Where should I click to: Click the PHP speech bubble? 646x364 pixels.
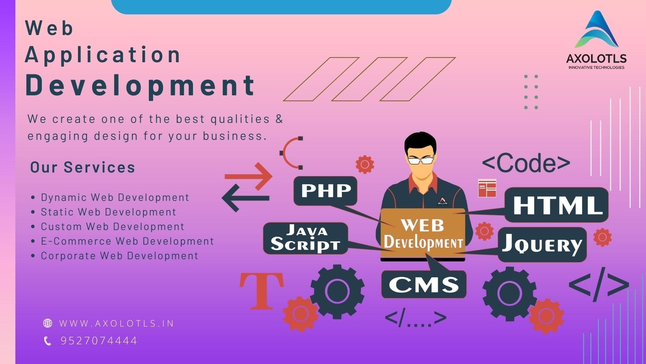pos(325,191)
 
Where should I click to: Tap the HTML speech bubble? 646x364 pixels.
pos(557,205)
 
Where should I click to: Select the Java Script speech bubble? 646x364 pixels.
pos(305,238)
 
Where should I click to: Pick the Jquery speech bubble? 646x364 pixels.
pos(542,245)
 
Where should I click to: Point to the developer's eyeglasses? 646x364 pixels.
pos(421,160)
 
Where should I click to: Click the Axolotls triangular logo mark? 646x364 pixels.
pos(596,31)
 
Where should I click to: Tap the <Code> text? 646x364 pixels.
pos(526,163)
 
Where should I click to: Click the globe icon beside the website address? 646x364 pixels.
pos(48,323)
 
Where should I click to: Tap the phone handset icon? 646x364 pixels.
pos(48,341)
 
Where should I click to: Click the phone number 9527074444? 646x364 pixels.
pos(99,341)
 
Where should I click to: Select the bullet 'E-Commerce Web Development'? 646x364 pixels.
pos(127,241)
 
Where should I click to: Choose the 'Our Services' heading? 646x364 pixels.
pos(83,167)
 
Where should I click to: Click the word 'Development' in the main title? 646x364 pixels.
pos(141,85)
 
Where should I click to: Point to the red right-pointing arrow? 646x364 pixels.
pos(249,176)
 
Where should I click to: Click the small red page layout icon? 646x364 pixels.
pos(487,188)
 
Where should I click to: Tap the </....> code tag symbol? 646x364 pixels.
pos(416,318)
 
